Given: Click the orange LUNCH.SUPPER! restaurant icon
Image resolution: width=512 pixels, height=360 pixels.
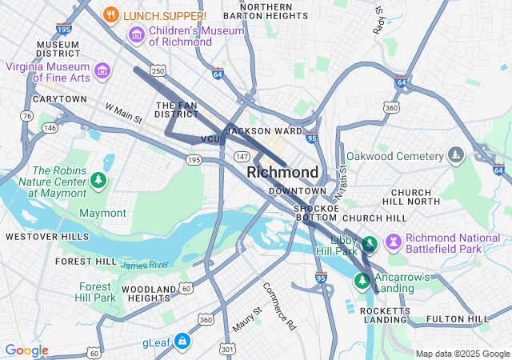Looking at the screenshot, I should pyautogui.click(x=112, y=14).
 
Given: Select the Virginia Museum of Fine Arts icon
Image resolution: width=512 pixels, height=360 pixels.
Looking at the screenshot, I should pyautogui.click(x=102, y=71).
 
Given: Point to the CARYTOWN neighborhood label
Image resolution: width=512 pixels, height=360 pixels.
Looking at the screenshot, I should pyautogui.click(x=60, y=99).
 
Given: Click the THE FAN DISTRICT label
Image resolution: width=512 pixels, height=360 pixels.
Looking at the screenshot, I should pyautogui.click(x=176, y=110).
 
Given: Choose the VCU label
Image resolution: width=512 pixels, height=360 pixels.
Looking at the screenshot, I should pyautogui.click(x=210, y=139).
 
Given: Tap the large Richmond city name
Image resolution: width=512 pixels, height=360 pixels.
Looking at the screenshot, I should pyautogui.click(x=282, y=172).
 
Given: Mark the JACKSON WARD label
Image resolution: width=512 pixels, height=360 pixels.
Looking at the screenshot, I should pyautogui.click(x=265, y=130).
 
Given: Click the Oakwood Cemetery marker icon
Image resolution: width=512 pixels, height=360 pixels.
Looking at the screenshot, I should pyautogui.click(x=456, y=154).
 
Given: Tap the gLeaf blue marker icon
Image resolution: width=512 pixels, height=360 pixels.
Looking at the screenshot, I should pyautogui.click(x=182, y=342).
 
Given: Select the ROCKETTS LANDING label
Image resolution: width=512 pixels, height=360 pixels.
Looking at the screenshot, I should pyautogui.click(x=386, y=314).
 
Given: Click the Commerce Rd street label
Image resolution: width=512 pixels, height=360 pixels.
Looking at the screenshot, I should pyautogui.click(x=279, y=306).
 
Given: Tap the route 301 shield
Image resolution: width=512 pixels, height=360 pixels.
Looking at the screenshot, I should pyautogui.click(x=228, y=349).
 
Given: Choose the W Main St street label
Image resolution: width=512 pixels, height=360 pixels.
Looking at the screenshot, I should pyautogui.click(x=123, y=113).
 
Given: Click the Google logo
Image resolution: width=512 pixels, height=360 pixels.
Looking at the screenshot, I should pyautogui.click(x=26, y=350).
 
